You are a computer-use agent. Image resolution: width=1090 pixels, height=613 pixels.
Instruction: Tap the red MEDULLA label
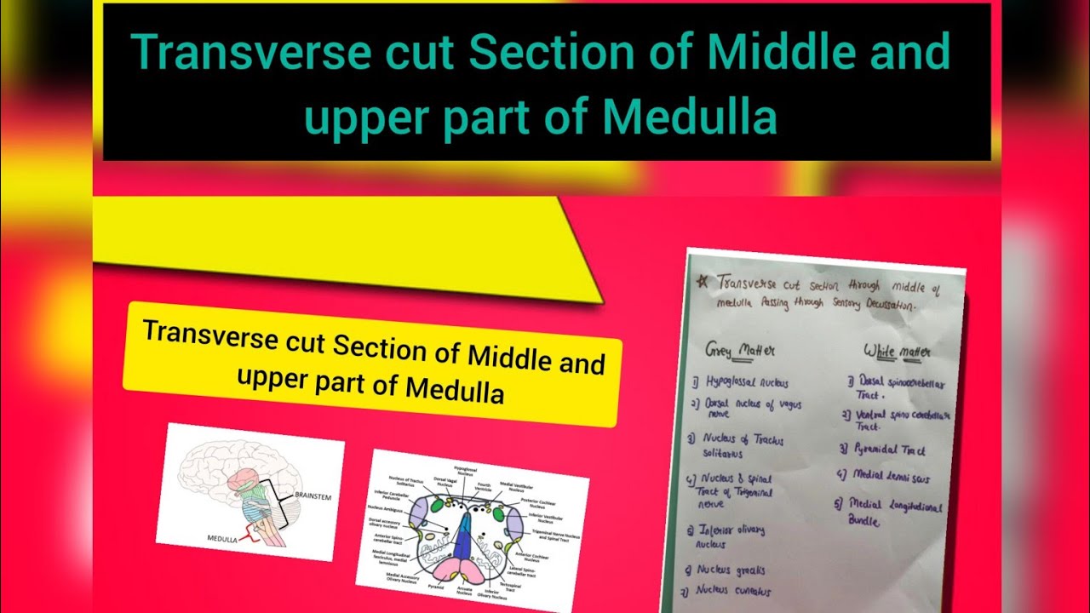click(224, 539)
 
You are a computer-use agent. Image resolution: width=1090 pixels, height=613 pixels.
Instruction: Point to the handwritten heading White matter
click(896, 351)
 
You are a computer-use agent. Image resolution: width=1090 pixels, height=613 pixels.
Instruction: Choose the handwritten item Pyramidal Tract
click(884, 450)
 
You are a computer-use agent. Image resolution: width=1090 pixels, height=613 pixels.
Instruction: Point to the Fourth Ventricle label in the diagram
click(484, 486)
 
